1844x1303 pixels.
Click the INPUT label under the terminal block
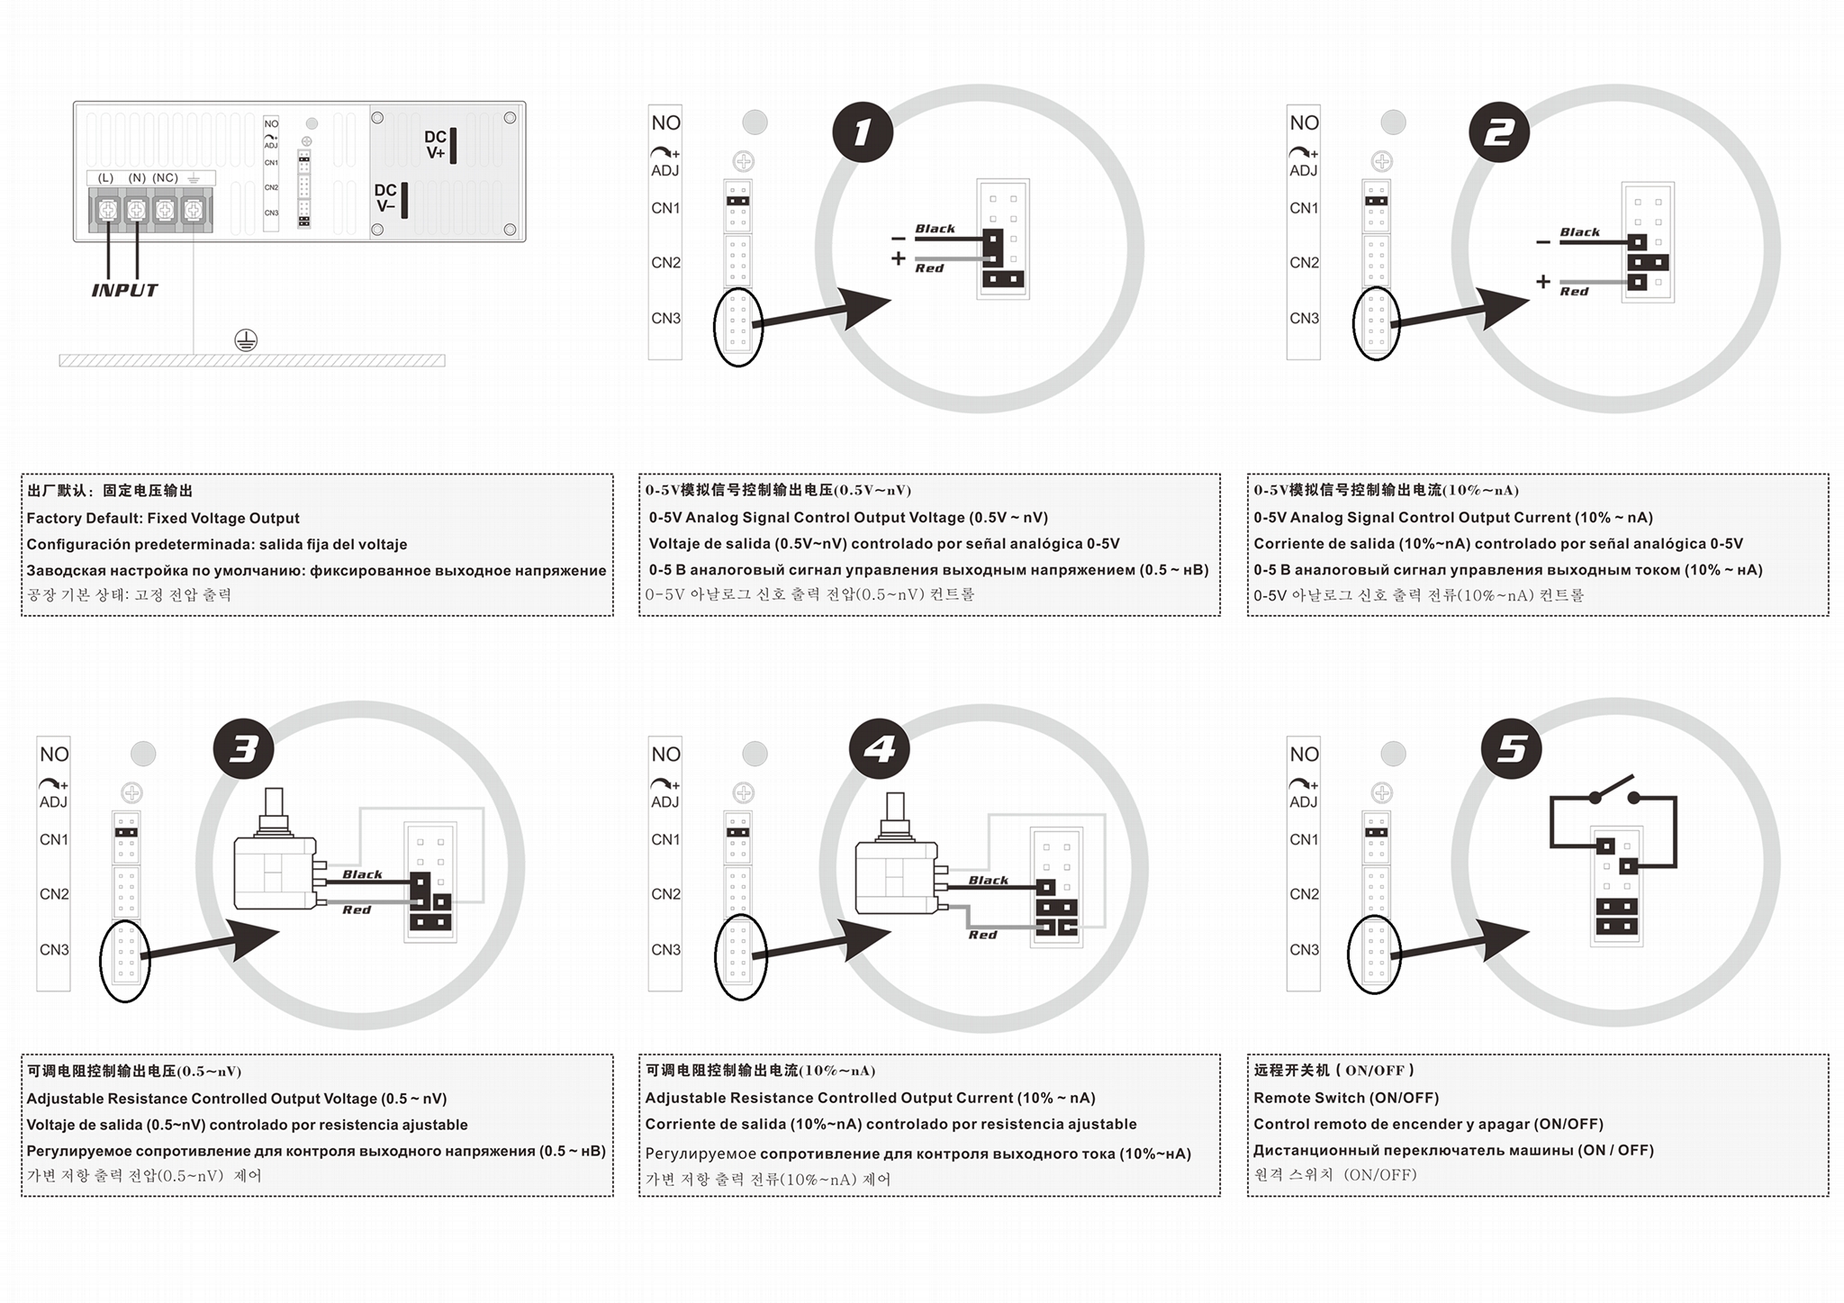(124, 290)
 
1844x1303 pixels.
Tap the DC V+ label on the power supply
(435, 145)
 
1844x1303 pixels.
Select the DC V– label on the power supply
(385, 198)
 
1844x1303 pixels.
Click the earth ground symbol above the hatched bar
(246, 340)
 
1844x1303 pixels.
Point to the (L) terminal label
(106, 178)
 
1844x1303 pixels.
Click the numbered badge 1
(862, 132)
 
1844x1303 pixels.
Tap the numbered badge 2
(1499, 132)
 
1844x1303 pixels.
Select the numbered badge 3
(244, 749)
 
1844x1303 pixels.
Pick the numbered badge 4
(880, 749)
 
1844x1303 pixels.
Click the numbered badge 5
(1512, 749)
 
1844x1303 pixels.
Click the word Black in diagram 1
(936, 229)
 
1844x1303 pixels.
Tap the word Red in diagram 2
(1574, 292)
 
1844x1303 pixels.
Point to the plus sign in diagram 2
(1543, 282)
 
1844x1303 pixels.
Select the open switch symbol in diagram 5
(1613, 791)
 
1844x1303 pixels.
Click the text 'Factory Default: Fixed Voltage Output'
(163, 519)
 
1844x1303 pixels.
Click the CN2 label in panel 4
(665, 894)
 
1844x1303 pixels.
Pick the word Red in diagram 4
(982, 935)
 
